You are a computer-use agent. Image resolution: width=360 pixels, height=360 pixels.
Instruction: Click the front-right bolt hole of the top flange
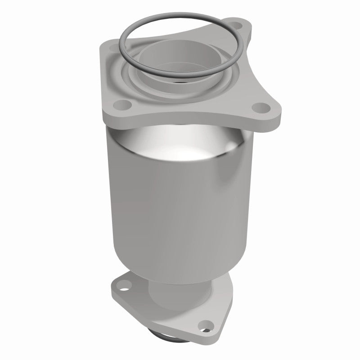coord(260,108)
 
